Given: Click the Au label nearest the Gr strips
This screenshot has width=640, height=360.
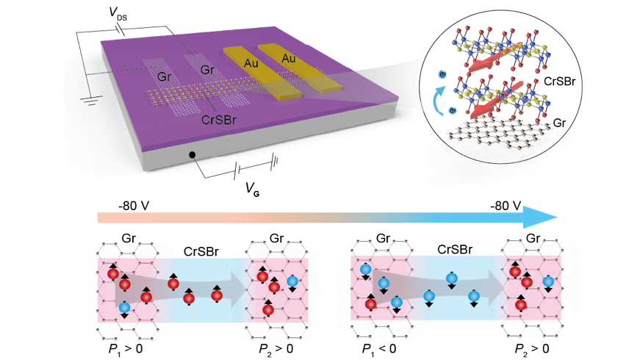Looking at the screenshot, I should point(250,64).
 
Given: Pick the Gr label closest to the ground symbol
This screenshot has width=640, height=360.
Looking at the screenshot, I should point(164,76).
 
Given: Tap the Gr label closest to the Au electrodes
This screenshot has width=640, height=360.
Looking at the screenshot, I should point(208,70).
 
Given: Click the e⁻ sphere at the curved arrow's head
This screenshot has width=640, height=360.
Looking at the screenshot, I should point(441,75).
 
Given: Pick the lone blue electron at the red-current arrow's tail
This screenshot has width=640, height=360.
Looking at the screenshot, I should point(124,307).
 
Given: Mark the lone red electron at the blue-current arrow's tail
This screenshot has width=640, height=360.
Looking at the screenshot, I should point(370,303).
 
